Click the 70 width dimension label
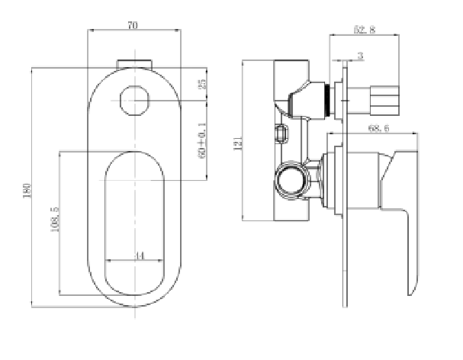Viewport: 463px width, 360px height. click(132, 26)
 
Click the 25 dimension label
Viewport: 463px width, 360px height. click(202, 85)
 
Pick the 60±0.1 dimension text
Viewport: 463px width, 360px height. click(202, 140)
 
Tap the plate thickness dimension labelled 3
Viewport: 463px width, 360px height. click(359, 56)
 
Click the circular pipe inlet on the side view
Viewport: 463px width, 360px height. click(290, 181)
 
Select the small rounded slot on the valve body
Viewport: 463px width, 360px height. click(282, 135)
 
